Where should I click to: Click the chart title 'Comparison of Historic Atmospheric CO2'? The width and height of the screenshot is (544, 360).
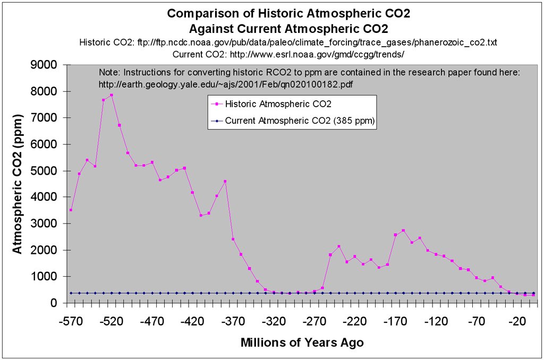[x=272, y=14]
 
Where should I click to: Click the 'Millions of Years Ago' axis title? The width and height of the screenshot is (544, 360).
[x=302, y=342]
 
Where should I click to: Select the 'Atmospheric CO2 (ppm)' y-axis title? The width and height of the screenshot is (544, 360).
[x=17, y=184]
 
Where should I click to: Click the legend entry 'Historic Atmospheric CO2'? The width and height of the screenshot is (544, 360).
[x=278, y=104]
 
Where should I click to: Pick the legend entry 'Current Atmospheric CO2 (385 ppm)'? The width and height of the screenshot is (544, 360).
[x=300, y=121]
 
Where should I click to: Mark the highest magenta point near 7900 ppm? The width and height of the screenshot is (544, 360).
[x=112, y=95]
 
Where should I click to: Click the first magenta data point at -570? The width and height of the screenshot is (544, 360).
[x=71, y=210]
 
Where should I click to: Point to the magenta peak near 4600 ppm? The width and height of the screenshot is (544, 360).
[x=225, y=182]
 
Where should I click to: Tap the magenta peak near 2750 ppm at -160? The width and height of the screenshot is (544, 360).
[x=403, y=230]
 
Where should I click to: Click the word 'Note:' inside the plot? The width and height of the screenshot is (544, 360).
[x=109, y=72]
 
